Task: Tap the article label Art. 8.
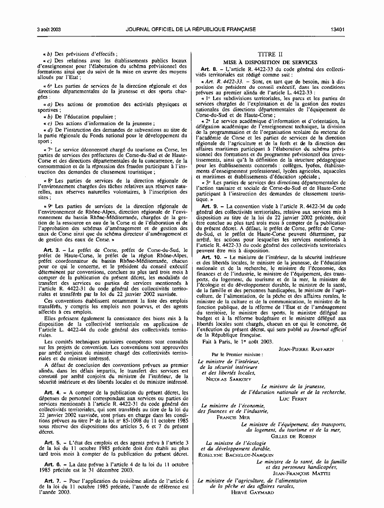(x=209, y=69)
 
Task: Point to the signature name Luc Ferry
(x=293, y=398)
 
